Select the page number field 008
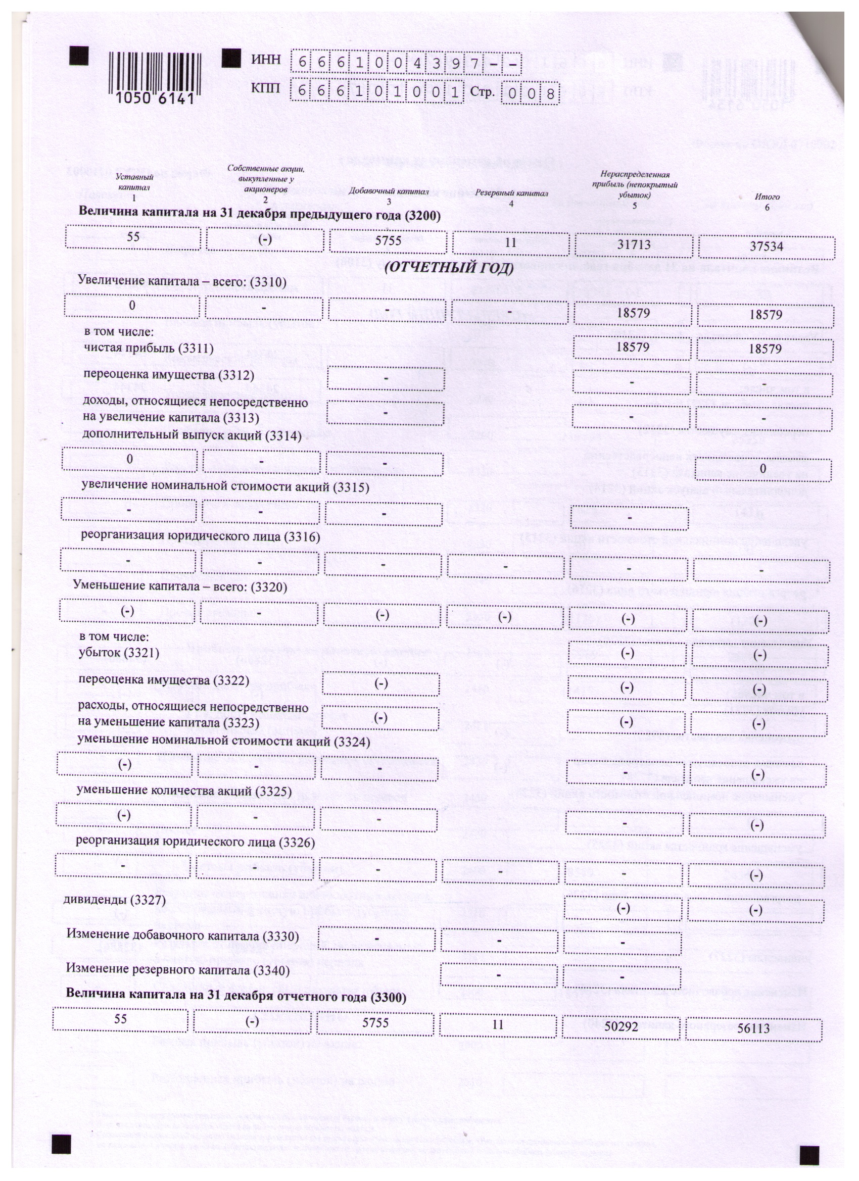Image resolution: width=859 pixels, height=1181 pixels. coord(530,94)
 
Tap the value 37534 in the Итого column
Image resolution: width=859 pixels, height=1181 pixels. coord(766,247)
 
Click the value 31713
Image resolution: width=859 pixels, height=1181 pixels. coord(633,244)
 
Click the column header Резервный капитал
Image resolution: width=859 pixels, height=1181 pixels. coord(511,193)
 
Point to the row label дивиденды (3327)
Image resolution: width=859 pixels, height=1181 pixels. coord(114,900)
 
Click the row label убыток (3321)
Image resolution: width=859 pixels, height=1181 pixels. coord(119,653)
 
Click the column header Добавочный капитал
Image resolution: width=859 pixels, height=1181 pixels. coord(389,192)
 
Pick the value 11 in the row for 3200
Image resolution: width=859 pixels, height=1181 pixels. coord(510,242)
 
